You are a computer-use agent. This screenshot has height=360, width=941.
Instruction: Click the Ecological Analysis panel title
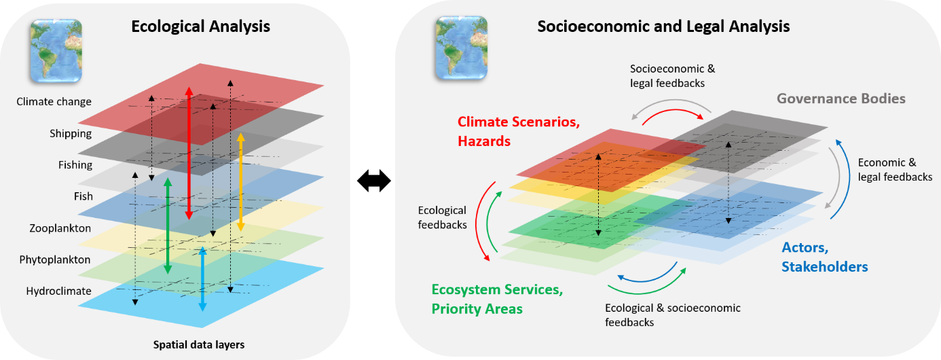click(200, 26)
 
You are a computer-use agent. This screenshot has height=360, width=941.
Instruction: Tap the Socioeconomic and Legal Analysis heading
click(663, 26)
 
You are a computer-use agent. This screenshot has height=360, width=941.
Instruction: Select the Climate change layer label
click(54, 102)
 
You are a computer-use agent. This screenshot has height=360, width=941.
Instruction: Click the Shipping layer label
click(71, 134)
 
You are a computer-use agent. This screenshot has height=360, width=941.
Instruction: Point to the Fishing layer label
click(75, 165)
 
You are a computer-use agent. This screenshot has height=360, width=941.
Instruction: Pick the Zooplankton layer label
click(60, 228)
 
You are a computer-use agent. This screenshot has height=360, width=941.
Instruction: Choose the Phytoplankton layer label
click(54, 259)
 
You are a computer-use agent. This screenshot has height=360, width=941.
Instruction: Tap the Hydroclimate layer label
click(58, 291)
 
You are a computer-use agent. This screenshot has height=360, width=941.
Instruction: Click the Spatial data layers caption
click(199, 345)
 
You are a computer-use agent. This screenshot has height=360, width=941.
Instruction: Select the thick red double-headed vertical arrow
click(189, 154)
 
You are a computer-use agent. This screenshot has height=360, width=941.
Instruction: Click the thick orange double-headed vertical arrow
click(241, 182)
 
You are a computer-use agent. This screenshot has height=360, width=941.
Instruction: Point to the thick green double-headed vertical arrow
click(168, 226)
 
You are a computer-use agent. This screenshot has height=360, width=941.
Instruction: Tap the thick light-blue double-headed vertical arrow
click(202, 279)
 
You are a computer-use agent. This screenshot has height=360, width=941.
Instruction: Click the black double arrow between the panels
click(374, 181)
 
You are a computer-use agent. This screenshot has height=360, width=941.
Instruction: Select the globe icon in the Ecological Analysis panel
click(56, 50)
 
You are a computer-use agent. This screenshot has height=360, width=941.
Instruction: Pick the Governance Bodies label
click(841, 98)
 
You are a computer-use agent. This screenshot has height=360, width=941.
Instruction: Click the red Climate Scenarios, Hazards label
click(519, 131)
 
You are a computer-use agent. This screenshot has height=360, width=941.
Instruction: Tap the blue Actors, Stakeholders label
click(825, 257)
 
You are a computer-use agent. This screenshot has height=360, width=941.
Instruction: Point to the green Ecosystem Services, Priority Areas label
click(498, 299)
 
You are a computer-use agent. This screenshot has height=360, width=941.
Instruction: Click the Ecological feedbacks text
click(443, 217)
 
